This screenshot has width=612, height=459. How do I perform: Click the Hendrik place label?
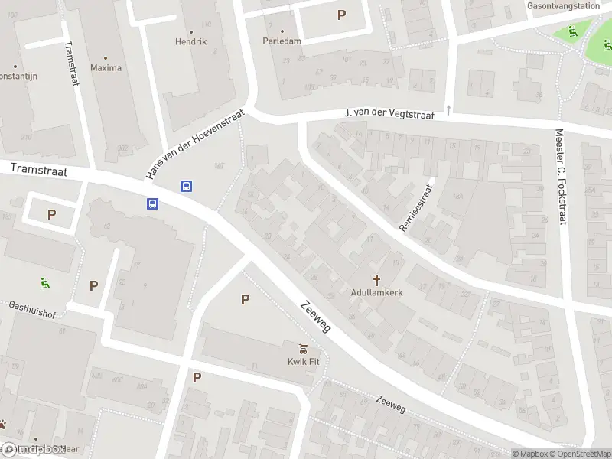190,41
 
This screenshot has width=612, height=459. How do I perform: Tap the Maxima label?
106,67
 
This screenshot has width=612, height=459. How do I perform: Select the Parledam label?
282,41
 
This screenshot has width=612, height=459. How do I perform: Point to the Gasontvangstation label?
563,5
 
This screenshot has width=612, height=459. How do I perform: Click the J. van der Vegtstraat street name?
389,114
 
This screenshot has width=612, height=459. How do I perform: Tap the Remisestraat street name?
416,207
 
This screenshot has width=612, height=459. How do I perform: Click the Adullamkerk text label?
376,292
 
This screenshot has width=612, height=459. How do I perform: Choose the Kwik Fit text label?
303,362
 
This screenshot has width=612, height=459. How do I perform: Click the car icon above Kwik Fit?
303,350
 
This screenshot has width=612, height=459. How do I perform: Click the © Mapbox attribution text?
530,454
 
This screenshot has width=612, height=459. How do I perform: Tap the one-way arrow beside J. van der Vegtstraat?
448,109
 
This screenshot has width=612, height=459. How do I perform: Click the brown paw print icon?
5,423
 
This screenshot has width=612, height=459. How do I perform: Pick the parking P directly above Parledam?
341,15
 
